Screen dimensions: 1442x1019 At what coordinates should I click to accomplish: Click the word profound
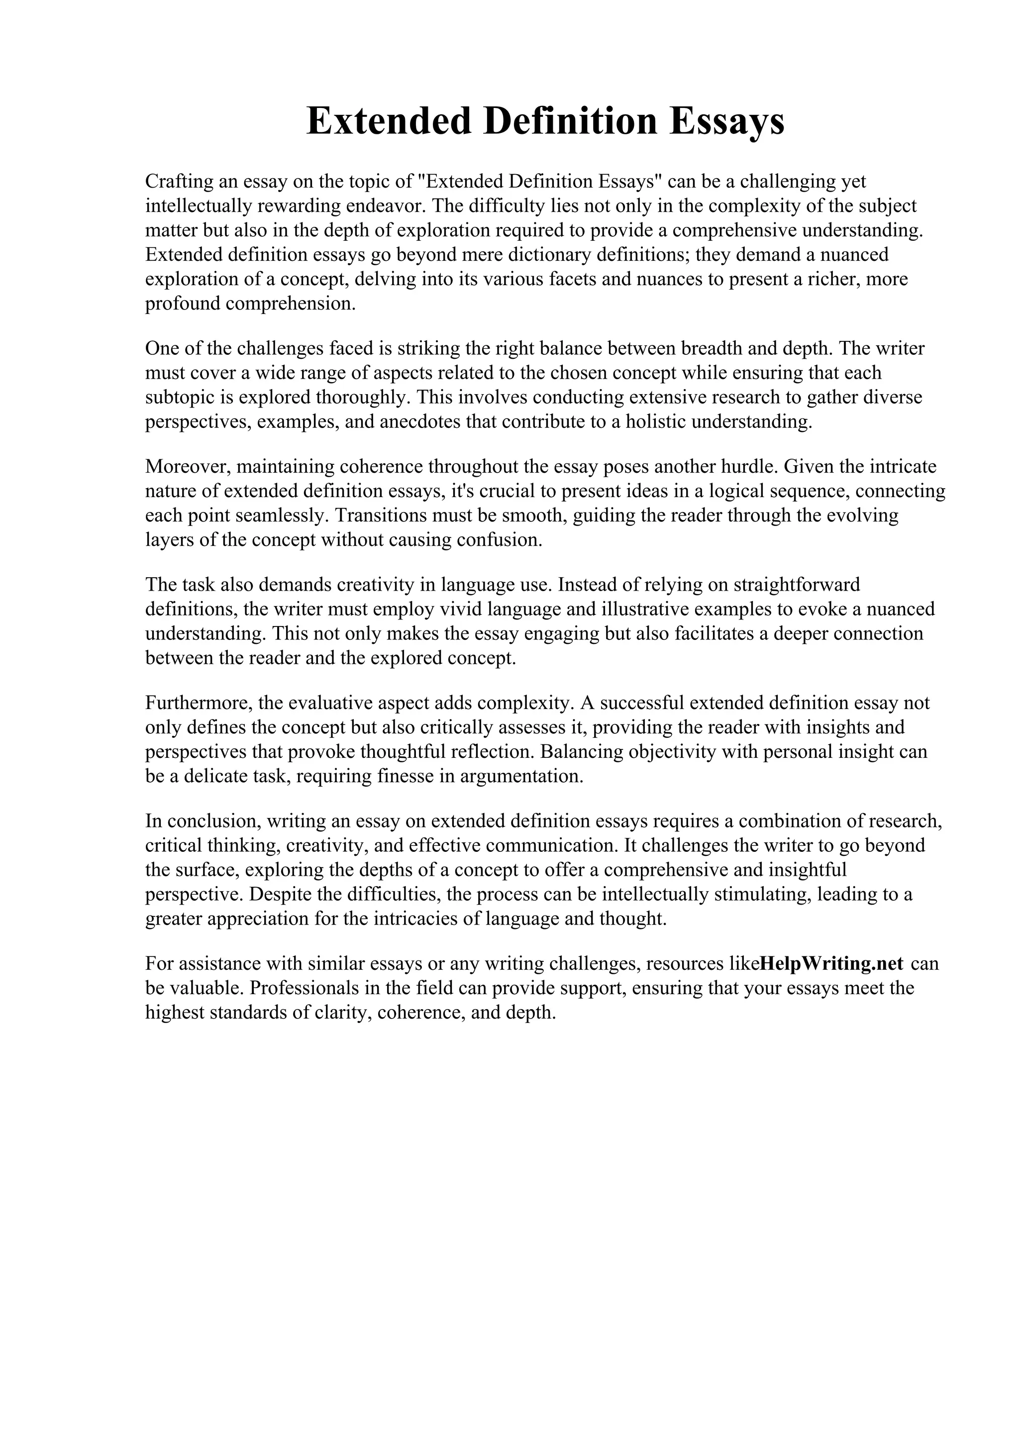click(183, 304)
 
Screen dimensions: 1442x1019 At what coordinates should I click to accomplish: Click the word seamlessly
click(282, 515)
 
